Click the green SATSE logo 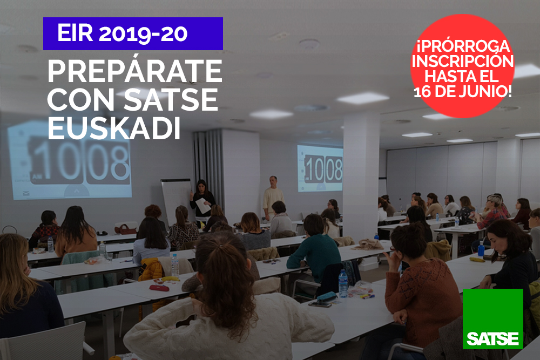(x=493, y=318)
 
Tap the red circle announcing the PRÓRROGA (x=463, y=66)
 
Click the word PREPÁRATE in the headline (x=134, y=71)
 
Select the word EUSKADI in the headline (x=114, y=128)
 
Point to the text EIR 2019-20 (x=122, y=33)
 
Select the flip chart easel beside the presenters (x=176, y=200)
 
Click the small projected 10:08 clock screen (x=320, y=168)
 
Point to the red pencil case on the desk (x=159, y=288)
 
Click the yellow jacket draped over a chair (x=151, y=269)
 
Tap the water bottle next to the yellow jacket (x=175, y=265)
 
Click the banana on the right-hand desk (x=477, y=260)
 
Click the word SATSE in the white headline (x=171, y=100)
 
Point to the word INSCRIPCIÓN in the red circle (x=463, y=62)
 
